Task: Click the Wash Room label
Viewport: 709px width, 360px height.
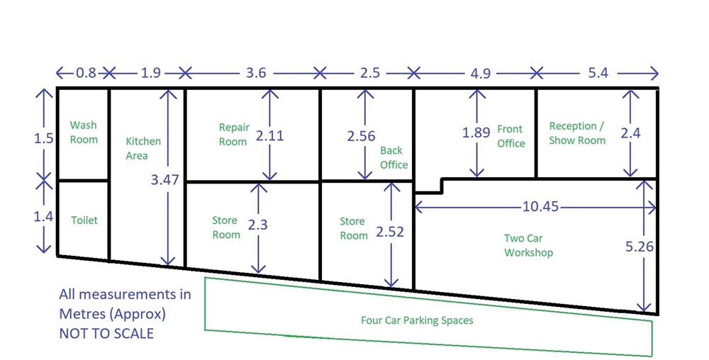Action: [x=84, y=132]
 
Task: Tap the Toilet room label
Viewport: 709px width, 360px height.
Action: [x=84, y=220]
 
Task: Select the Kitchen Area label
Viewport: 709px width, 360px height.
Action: [x=143, y=148]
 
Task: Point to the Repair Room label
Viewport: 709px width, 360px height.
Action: [x=234, y=134]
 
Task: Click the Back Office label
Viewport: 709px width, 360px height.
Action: [x=393, y=157]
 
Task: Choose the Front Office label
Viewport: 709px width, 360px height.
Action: [x=511, y=136]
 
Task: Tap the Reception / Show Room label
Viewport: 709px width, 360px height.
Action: [x=577, y=133]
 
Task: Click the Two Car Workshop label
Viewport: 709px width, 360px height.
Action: [x=528, y=244]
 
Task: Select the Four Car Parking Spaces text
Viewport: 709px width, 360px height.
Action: [x=417, y=320]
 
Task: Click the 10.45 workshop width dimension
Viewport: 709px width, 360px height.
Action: [x=541, y=206]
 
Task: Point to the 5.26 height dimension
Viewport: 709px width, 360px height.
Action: [x=640, y=246]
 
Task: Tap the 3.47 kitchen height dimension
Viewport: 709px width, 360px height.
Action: [x=164, y=179]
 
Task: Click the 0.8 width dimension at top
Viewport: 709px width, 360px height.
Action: [x=86, y=72]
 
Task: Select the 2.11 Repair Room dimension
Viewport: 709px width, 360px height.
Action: [x=270, y=135]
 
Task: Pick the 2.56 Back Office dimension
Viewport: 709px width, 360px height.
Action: [x=362, y=135]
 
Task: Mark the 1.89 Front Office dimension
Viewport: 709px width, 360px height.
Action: [x=476, y=133]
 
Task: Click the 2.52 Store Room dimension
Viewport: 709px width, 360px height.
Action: [x=390, y=231]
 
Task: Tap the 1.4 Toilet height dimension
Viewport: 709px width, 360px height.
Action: [x=43, y=217]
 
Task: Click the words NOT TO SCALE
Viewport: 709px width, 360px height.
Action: [x=106, y=333]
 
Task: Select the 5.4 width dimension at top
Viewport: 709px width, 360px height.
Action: [x=598, y=72]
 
